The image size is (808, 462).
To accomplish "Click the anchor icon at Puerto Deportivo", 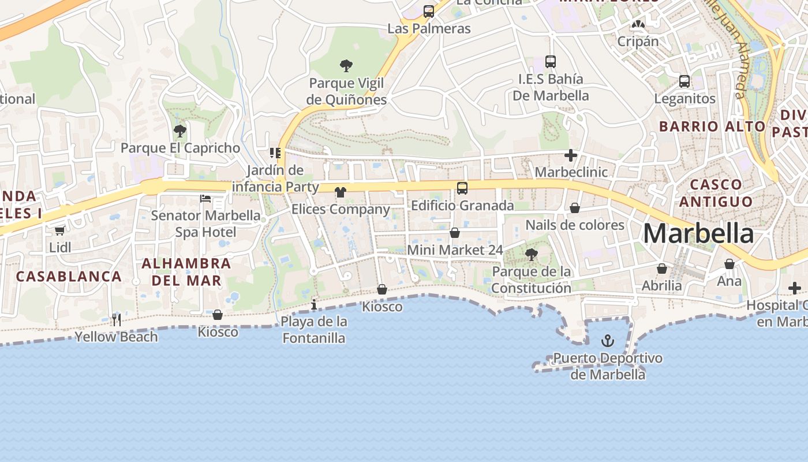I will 607,341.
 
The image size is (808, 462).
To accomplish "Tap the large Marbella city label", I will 698,234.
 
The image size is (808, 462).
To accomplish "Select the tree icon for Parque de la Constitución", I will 531,254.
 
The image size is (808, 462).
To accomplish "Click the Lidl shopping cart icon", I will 59,230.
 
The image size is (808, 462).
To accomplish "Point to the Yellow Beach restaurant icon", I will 117,319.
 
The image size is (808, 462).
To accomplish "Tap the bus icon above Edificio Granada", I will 462,188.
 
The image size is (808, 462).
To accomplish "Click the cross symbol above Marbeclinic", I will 571,155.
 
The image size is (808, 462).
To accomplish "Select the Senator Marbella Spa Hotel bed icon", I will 205,199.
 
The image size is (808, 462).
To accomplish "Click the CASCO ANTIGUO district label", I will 716,193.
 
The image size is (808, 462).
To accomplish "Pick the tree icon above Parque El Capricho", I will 180,131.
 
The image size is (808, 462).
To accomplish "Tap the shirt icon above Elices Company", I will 341,192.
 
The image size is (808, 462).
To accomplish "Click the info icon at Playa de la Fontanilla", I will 314,304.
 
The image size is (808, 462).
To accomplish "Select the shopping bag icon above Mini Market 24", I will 455,233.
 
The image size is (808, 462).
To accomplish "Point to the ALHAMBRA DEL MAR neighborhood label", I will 186,272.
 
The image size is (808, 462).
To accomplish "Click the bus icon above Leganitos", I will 684,81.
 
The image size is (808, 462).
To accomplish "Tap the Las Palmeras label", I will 429,28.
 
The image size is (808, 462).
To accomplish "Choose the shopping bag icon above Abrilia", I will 662,269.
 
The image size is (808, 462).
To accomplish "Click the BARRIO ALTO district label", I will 712,126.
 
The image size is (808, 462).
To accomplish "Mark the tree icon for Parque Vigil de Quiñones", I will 346,66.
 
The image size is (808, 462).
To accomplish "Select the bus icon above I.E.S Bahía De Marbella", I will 551,62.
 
